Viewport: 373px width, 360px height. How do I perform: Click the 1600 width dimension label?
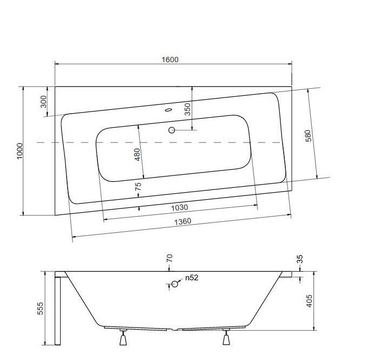click(x=170, y=60)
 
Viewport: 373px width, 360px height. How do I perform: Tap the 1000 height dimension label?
click(x=19, y=151)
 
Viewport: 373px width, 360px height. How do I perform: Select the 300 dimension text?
click(x=44, y=102)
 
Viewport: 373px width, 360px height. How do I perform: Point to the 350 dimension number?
click(x=188, y=109)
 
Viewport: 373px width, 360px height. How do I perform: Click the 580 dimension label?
click(x=308, y=136)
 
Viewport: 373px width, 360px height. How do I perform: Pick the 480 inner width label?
click(x=138, y=154)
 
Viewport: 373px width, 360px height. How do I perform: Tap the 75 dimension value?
click(x=138, y=186)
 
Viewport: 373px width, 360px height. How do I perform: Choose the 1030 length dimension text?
click(x=180, y=208)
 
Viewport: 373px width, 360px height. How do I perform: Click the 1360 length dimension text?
click(x=182, y=221)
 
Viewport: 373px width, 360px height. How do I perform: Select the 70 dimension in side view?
click(x=169, y=258)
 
